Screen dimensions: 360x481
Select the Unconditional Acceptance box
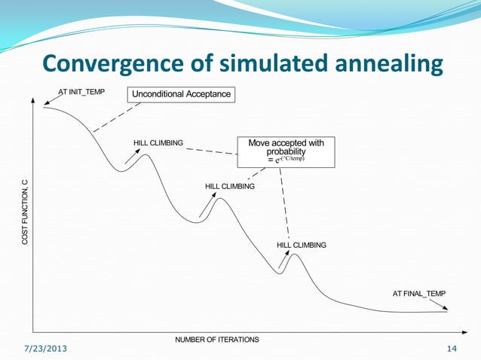(x=181, y=94)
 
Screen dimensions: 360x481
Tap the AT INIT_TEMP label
(x=82, y=93)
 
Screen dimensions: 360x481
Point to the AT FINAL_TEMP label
(x=419, y=293)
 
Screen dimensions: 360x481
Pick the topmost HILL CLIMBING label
(x=158, y=142)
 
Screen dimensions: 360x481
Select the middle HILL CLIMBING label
(x=230, y=185)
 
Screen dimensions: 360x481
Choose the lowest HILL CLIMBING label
(x=302, y=246)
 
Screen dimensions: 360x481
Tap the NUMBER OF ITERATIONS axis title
(x=217, y=340)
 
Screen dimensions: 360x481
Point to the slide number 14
(x=452, y=349)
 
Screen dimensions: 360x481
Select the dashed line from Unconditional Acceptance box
(x=118, y=117)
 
